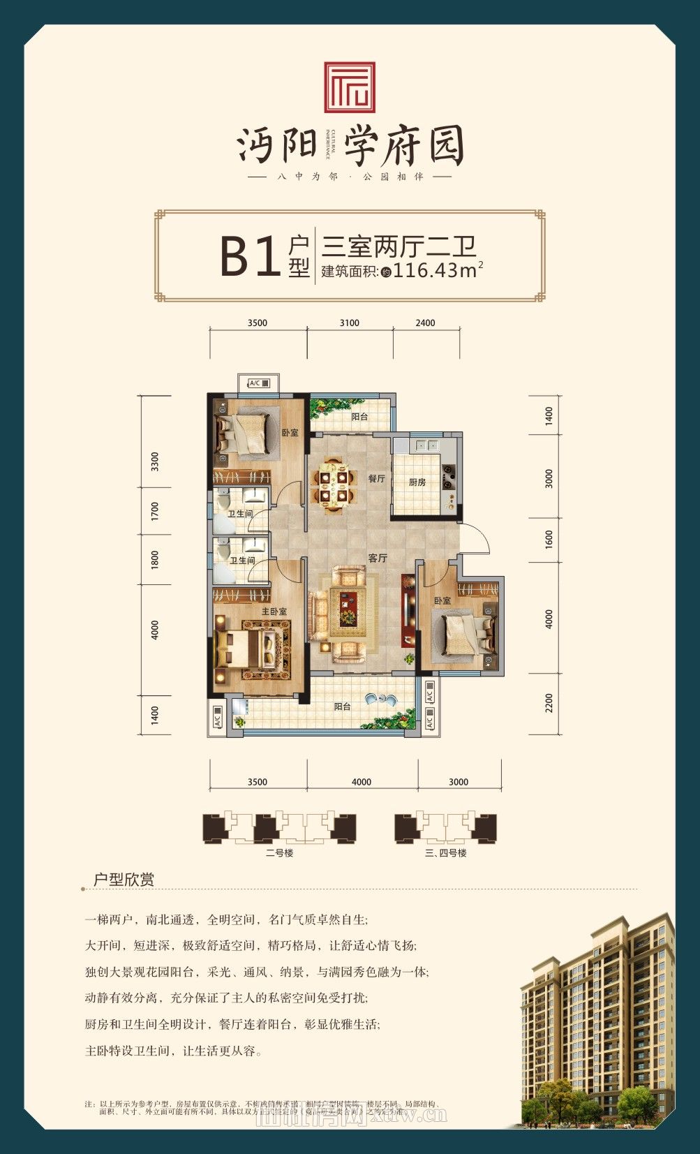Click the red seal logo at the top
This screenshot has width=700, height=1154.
[x=350, y=87]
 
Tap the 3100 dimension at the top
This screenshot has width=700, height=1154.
[x=350, y=323]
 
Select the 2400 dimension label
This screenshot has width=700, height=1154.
[x=425, y=323]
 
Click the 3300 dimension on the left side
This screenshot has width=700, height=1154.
[x=155, y=461]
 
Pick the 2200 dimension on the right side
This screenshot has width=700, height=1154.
[x=549, y=702]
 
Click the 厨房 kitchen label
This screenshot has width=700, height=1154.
[x=417, y=482]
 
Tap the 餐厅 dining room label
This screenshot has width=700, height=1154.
[x=377, y=478]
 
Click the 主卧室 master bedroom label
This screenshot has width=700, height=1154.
[x=274, y=611]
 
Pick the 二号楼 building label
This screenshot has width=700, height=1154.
[x=279, y=853]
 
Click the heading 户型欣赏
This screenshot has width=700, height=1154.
[x=124, y=880]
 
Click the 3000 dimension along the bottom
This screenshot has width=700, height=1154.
[x=459, y=781]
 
